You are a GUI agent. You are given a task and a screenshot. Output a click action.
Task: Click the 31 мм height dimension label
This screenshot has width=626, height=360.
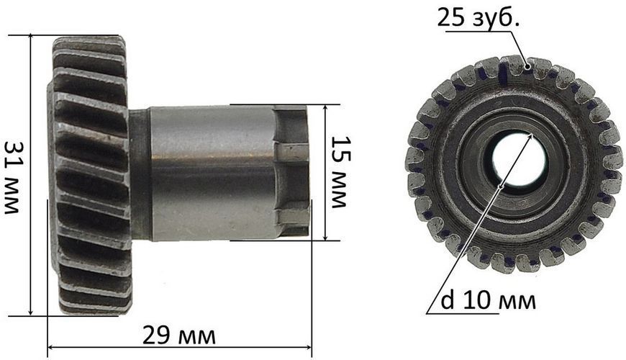(x=12, y=177)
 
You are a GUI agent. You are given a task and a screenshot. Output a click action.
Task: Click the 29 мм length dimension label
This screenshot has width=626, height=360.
(x=179, y=336)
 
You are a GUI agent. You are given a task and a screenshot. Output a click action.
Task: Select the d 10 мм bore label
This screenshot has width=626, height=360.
(x=488, y=300)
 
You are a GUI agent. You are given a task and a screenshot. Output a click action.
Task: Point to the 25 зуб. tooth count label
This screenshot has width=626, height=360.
(x=478, y=18)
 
